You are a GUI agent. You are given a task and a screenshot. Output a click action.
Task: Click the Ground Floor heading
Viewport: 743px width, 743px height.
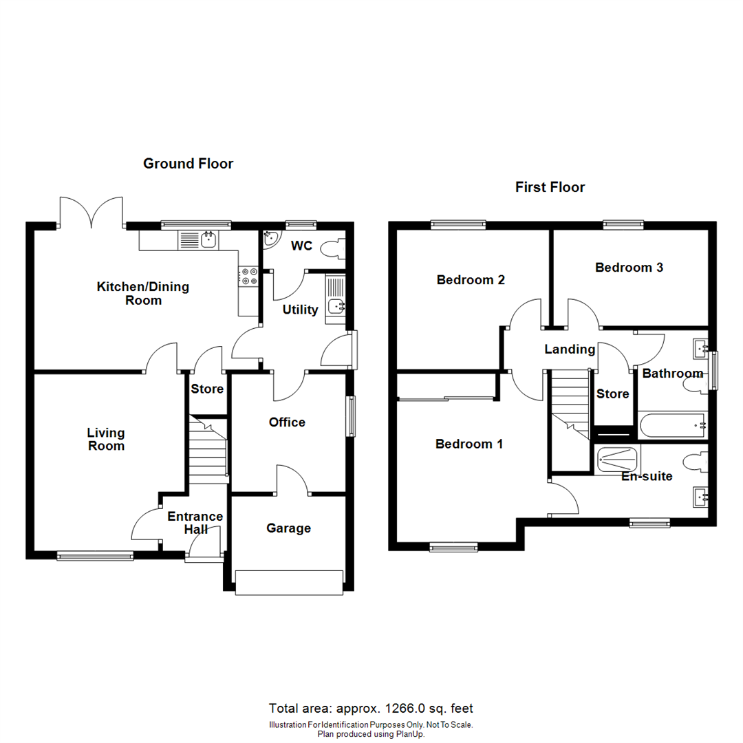pyautogui.click(x=188, y=164)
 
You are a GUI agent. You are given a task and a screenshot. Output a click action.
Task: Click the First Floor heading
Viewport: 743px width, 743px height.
pyautogui.click(x=550, y=187)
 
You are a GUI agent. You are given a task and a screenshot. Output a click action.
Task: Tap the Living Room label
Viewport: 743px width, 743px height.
pyautogui.click(x=106, y=439)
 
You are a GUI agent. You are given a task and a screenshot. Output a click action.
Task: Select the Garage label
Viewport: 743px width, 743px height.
pyautogui.click(x=289, y=528)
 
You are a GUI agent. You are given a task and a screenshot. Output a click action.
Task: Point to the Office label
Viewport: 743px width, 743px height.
pyautogui.click(x=287, y=422)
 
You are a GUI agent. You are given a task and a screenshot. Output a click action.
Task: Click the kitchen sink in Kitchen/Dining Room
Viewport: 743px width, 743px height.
pyautogui.click(x=198, y=240)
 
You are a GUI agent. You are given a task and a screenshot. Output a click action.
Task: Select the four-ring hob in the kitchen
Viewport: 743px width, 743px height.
pyautogui.click(x=248, y=276)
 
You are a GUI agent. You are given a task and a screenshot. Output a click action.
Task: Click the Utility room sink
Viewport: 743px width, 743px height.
pyautogui.click(x=336, y=307)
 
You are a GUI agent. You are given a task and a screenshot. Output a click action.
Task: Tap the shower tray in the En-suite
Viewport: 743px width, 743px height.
pyautogui.click(x=617, y=459)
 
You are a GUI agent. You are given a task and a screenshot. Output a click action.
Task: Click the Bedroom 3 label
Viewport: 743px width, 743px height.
pyautogui.click(x=629, y=268)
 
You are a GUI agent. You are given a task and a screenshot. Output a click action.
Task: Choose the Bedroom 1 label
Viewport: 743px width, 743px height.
pyautogui.click(x=469, y=444)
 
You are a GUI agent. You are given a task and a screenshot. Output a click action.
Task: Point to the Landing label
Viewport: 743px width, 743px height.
pyautogui.click(x=570, y=349)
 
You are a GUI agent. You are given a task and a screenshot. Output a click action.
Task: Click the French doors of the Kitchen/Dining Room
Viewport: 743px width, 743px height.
pyautogui.click(x=91, y=212)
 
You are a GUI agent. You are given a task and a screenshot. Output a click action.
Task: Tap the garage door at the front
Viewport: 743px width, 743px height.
pyautogui.click(x=289, y=582)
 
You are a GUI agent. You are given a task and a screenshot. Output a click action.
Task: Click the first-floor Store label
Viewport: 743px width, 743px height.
pyautogui.click(x=612, y=394)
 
